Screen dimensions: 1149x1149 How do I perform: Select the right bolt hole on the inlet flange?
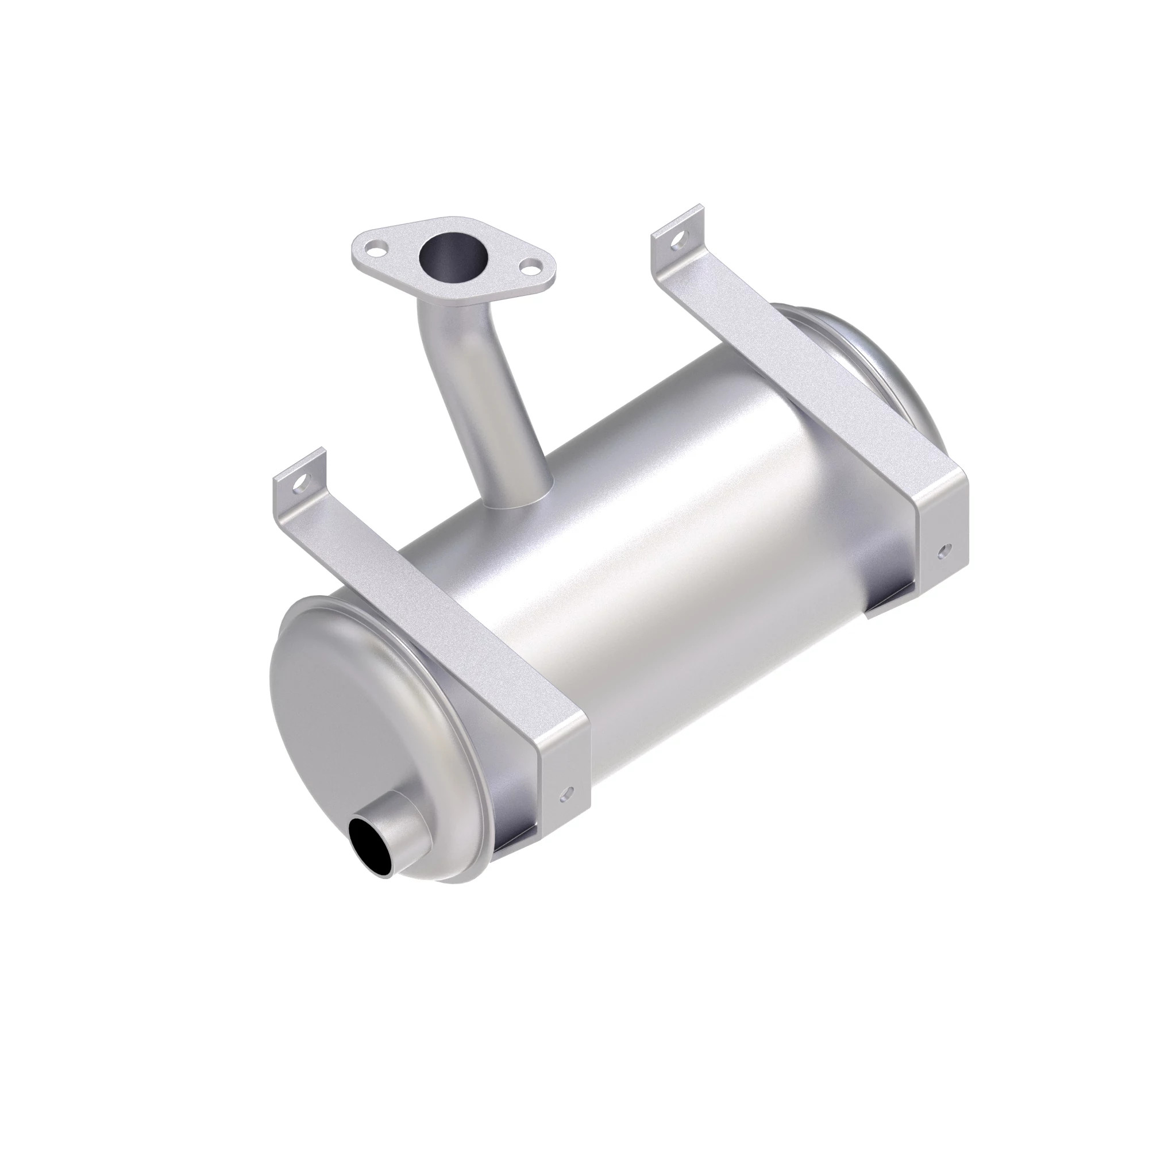tap(527, 268)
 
